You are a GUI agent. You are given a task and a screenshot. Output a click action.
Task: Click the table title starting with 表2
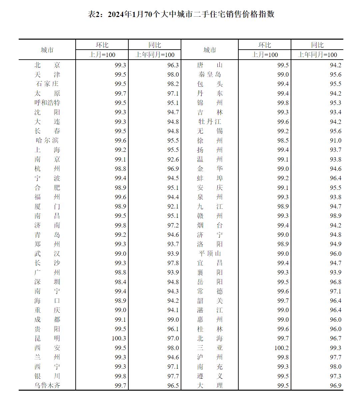pyautogui.click(x=181, y=14)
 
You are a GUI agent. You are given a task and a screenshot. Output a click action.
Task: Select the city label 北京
pyautogui.click(x=47, y=65)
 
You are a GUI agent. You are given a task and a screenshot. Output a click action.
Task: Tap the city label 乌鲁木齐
pyautogui.click(x=47, y=385)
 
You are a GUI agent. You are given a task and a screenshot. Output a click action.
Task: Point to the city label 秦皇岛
pyautogui.click(x=210, y=75)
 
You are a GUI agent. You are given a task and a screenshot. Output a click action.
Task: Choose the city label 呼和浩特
pyautogui.click(x=47, y=103)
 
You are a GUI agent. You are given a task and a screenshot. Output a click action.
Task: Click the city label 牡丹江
pyautogui.click(x=210, y=122)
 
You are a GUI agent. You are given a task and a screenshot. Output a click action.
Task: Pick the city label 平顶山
pyautogui.click(x=210, y=253)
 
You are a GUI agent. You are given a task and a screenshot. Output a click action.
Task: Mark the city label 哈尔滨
pyautogui.click(x=47, y=141)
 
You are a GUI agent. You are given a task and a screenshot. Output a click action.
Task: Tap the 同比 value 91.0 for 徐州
pyautogui.click(x=335, y=141)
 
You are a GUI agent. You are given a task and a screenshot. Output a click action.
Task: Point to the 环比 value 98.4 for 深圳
pyautogui.click(x=120, y=282)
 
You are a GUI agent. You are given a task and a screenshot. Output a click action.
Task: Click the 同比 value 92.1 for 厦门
pyautogui.click(x=173, y=206)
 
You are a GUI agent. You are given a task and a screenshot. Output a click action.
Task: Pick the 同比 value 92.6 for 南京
pyautogui.click(x=173, y=160)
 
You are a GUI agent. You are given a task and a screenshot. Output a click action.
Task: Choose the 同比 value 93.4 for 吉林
pyautogui.click(x=335, y=112)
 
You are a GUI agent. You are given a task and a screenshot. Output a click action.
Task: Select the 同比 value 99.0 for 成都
pyautogui.click(x=173, y=319)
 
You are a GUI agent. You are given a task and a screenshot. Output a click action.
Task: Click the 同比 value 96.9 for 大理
pyautogui.click(x=335, y=385)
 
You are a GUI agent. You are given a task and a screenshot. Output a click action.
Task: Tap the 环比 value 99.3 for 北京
pyautogui.click(x=120, y=65)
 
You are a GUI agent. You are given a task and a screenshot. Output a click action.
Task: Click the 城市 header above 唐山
pyautogui.click(x=210, y=50)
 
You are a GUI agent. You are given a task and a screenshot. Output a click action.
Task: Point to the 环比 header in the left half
pyautogui.click(x=102, y=45)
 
